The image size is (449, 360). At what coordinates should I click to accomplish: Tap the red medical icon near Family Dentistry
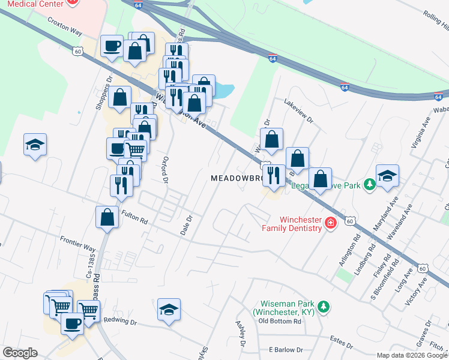[330, 224]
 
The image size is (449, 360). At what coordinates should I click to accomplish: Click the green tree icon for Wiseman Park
[324, 307]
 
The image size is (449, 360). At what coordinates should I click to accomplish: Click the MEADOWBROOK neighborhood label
[237, 179]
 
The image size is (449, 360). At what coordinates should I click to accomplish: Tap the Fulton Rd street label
[134, 217]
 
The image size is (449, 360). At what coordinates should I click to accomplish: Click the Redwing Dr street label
[120, 322]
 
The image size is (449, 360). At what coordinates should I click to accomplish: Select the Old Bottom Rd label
[279, 321]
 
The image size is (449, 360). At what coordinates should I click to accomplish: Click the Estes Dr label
[342, 341]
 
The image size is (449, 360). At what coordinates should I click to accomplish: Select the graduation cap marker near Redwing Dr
[169, 310]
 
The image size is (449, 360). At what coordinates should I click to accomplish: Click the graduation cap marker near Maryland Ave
[387, 175]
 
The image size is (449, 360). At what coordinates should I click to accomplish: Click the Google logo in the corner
[20, 353]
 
